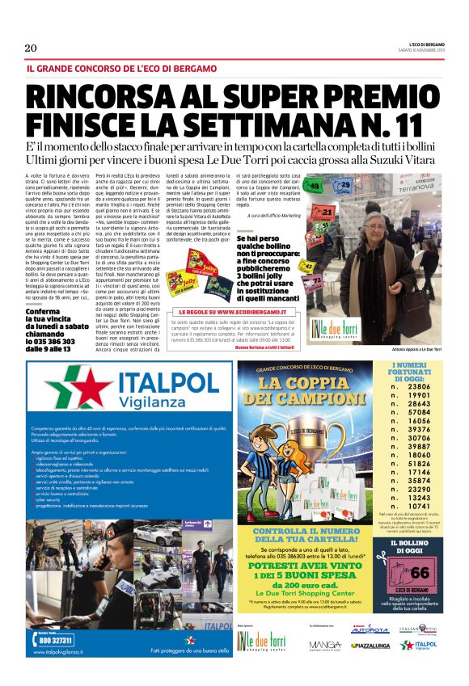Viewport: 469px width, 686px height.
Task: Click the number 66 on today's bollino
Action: tap(420, 573)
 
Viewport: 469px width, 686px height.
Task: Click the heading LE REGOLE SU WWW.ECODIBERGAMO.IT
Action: tap(245, 311)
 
